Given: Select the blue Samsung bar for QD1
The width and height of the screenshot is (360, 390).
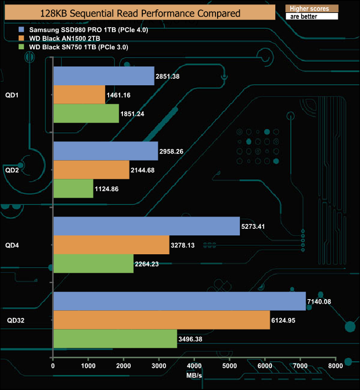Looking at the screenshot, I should [104, 76].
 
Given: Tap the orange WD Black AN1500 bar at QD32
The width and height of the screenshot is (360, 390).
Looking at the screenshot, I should [162, 320].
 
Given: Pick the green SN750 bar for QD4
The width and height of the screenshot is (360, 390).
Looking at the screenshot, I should [94, 264].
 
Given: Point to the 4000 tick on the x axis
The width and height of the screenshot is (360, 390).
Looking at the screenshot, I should [194, 366].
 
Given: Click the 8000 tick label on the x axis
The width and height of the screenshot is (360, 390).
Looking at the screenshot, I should [336, 366].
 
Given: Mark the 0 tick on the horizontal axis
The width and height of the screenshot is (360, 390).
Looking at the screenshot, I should [53, 366].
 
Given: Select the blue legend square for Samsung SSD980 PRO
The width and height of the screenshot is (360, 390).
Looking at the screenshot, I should [21, 29].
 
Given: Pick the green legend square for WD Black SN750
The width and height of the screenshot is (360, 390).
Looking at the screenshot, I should [21, 47].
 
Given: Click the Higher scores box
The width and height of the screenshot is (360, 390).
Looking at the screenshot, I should [311, 8].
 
